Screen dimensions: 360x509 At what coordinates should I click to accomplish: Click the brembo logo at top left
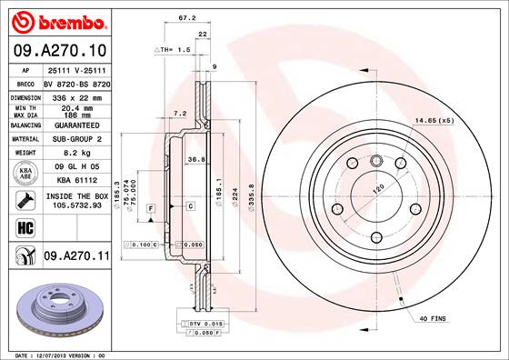[x=56, y=20]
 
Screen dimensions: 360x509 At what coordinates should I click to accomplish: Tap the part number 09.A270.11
[x=76, y=257]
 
